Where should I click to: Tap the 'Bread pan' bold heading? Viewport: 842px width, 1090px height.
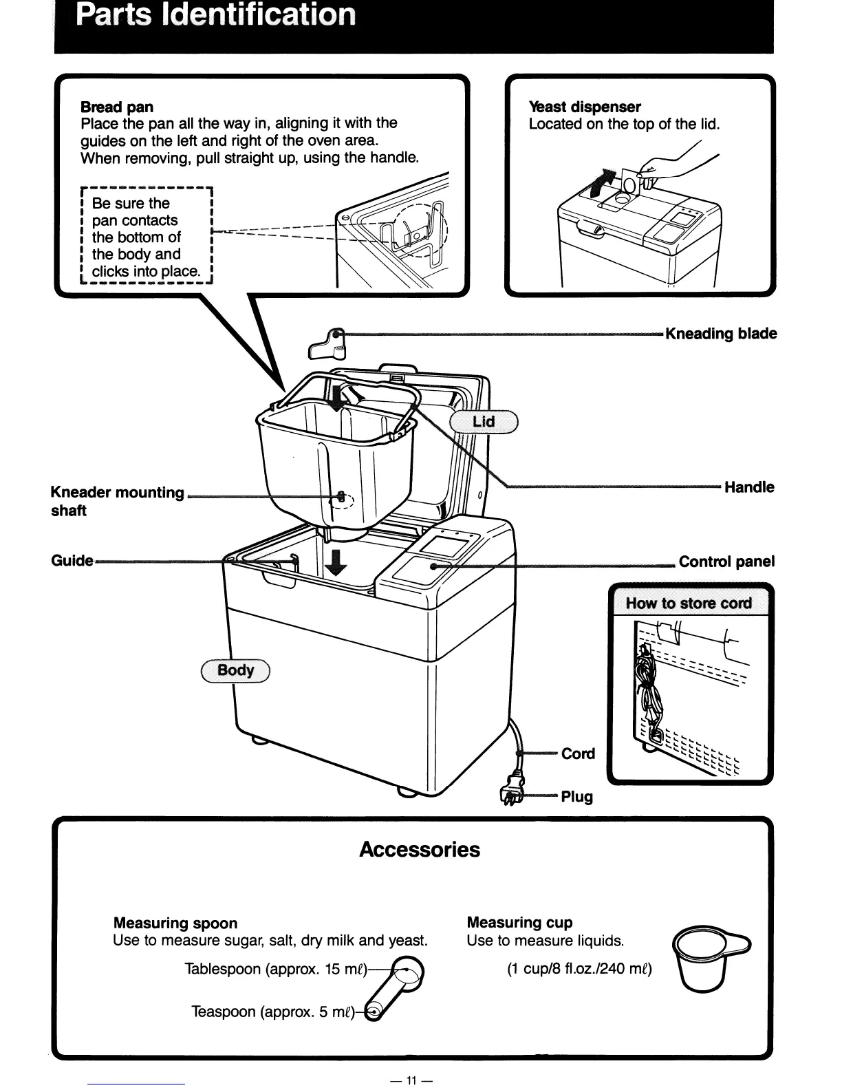click(117, 107)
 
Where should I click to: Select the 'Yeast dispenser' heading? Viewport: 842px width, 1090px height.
click(585, 107)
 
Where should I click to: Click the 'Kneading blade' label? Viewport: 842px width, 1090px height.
click(721, 334)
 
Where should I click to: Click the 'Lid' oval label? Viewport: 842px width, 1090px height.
click(484, 421)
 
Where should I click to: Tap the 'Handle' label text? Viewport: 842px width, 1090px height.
click(749, 487)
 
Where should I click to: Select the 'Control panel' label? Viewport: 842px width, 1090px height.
click(726, 562)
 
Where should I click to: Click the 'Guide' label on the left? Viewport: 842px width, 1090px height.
click(72, 560)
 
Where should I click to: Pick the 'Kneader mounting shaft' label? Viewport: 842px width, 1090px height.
click(117, 501)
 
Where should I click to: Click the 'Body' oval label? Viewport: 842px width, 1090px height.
click(235, 670)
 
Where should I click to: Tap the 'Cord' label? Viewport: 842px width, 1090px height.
click(578, 754)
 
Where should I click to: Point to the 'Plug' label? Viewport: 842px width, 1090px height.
click(576, 797)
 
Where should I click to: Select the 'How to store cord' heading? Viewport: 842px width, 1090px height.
click(689, 603)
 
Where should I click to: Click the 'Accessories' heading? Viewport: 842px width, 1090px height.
click(420, 849)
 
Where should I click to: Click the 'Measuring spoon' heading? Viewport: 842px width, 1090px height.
click(175, 923)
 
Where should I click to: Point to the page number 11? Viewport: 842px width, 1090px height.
click(411, 1080)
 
